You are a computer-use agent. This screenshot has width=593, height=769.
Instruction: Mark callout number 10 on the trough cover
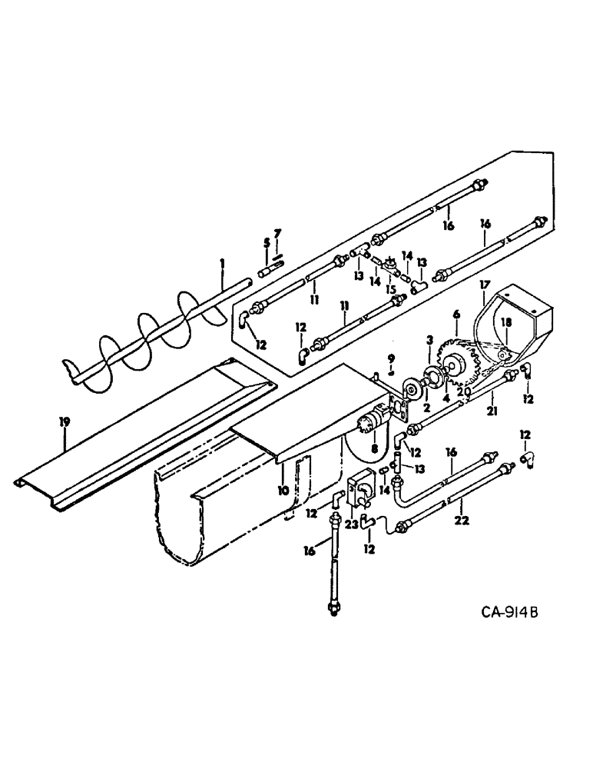(x=283, y=490)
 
